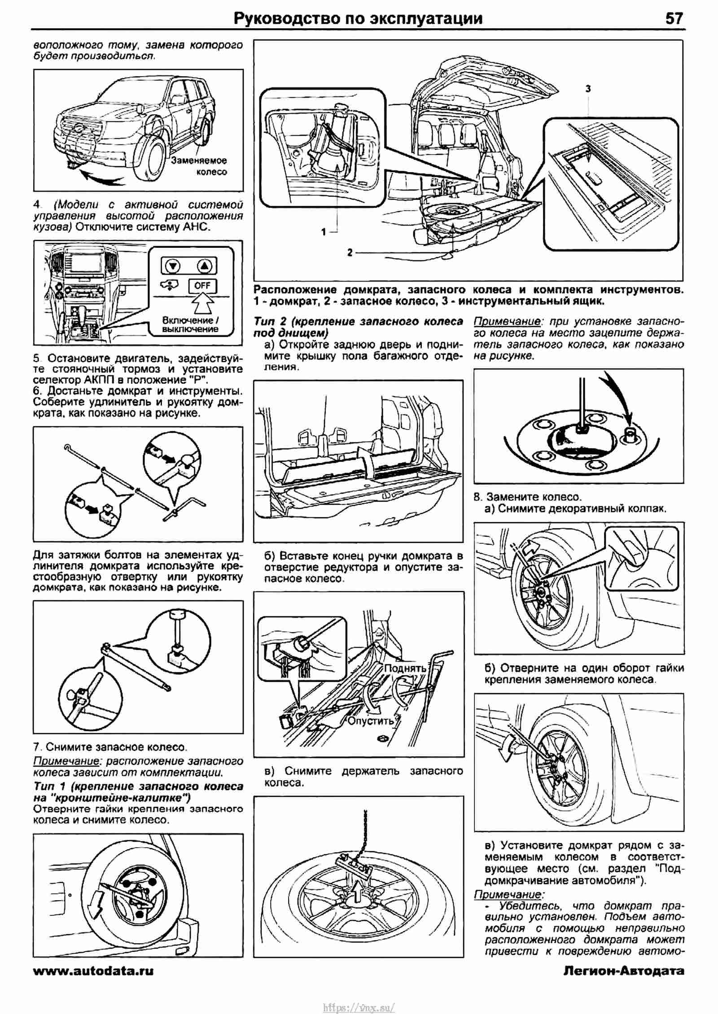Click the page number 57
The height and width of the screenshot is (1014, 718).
(x=674, y=18)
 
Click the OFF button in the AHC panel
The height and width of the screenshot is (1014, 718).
(x=202, y=285)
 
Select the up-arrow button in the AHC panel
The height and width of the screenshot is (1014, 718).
(x=205, y=266)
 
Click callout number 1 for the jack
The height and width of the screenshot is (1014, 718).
(x=324, y=232)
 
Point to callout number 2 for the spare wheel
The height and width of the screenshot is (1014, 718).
(x=350, y=252)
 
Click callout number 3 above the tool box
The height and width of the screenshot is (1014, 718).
(x=588, y=89)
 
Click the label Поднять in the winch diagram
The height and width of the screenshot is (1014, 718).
(x=405, y=667)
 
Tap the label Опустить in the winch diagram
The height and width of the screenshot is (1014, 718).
(x=371, y=721)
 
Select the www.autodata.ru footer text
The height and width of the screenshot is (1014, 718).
(x=93, y=971)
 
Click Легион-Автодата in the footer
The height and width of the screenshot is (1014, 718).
(x=623, y=971)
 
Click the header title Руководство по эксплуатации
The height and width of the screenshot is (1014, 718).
(x=359, y=18)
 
